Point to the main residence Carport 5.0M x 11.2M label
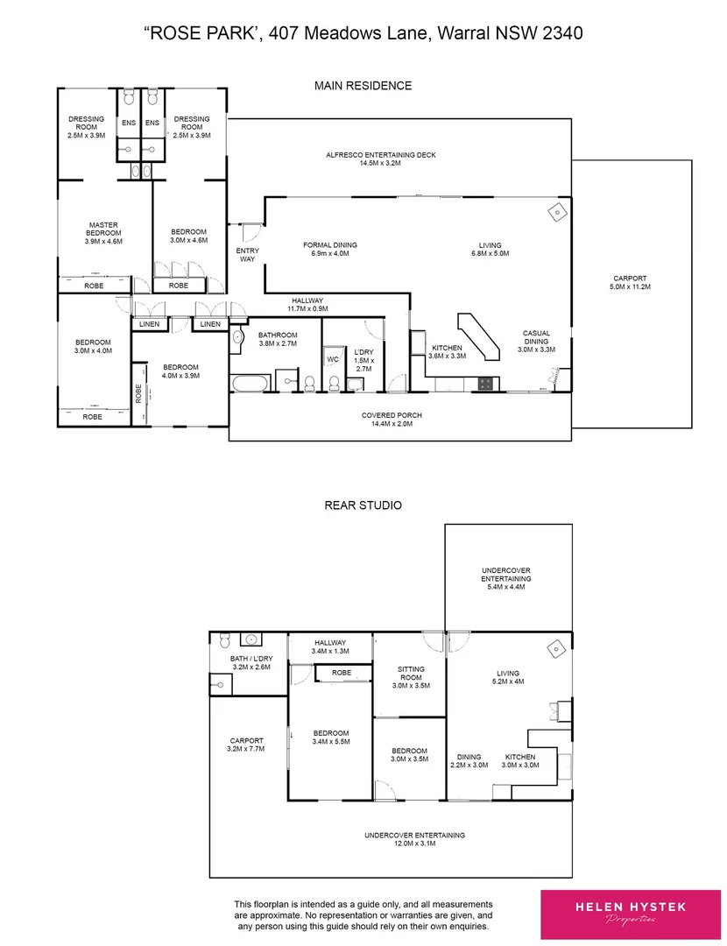tap(632, 283)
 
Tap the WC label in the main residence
tap(333, 359)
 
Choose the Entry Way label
tap(248, 255)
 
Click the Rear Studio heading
tap(363, 505)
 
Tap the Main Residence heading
tap(363, 86)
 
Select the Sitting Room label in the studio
tap(410, 674)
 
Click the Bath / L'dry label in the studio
tap(251, 662)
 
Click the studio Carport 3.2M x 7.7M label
tap(246, 745)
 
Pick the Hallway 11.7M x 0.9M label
tap(309, 303)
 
